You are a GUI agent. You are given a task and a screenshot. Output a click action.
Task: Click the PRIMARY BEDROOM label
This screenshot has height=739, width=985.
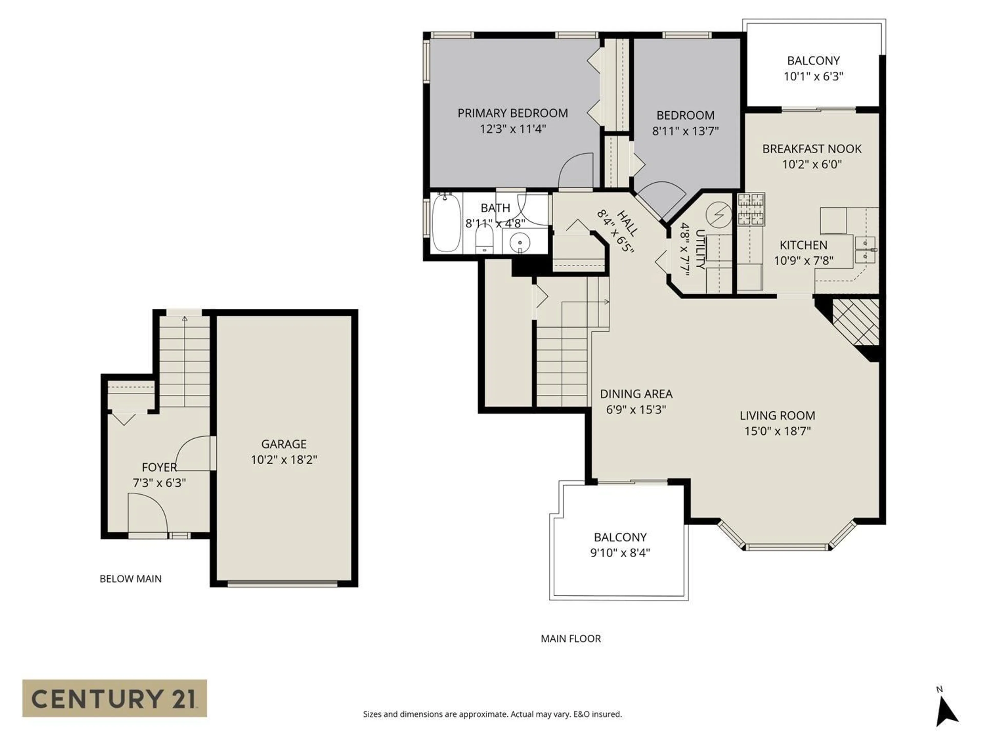513,113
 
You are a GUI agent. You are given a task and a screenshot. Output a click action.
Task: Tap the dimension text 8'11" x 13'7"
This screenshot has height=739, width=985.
685,131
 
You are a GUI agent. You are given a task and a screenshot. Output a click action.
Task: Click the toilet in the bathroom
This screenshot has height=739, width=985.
484,240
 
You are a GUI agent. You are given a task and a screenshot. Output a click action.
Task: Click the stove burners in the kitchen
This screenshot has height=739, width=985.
751,209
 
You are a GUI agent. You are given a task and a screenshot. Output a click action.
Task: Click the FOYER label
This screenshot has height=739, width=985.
159,467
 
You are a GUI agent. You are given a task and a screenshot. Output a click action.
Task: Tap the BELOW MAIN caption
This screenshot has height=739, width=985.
131,579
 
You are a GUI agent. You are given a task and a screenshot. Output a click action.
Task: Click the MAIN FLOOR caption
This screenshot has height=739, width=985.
570,638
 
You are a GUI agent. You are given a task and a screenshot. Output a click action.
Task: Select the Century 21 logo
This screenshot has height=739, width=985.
114,698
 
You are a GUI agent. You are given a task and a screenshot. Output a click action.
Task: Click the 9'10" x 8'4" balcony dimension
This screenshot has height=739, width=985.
620,553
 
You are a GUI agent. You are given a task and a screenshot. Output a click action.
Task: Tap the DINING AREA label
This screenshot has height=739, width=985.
636,394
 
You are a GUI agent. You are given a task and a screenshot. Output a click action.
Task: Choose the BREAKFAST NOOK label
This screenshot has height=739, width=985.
811,149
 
